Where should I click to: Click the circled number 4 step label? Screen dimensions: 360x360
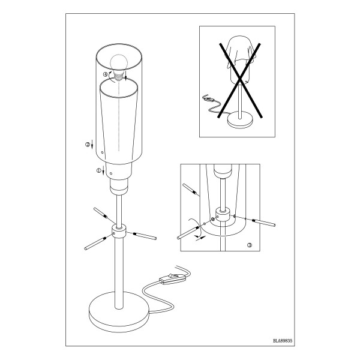[x=105, y=74]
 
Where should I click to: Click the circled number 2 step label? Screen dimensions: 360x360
[x=88, y=145]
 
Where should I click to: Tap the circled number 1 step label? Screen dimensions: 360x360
[x=99, y=170]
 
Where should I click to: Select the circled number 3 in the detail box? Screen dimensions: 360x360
[x=250, y=245]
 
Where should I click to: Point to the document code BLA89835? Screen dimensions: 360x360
[x=283, y=341]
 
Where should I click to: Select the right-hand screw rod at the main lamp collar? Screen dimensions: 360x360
[x=145, y=236]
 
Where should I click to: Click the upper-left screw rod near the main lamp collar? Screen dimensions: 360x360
[x=101, y=212]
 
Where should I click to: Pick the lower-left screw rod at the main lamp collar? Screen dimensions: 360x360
[x=95, y=244]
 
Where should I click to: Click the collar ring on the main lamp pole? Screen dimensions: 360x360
[x=119, y=231]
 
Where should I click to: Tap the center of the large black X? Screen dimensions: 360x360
[x=239, y=80]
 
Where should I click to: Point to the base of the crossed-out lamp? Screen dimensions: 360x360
[x=240, y=119]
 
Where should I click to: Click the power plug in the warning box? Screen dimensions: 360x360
[x=208, y=98]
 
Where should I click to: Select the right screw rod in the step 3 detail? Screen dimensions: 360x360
[x=263, y=222]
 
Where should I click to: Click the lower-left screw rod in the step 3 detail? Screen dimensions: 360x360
[x=188, y=233]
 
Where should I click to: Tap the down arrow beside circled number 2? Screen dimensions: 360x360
[x=92, y=144]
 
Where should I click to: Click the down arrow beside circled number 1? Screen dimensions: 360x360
[x=104, y=170]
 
